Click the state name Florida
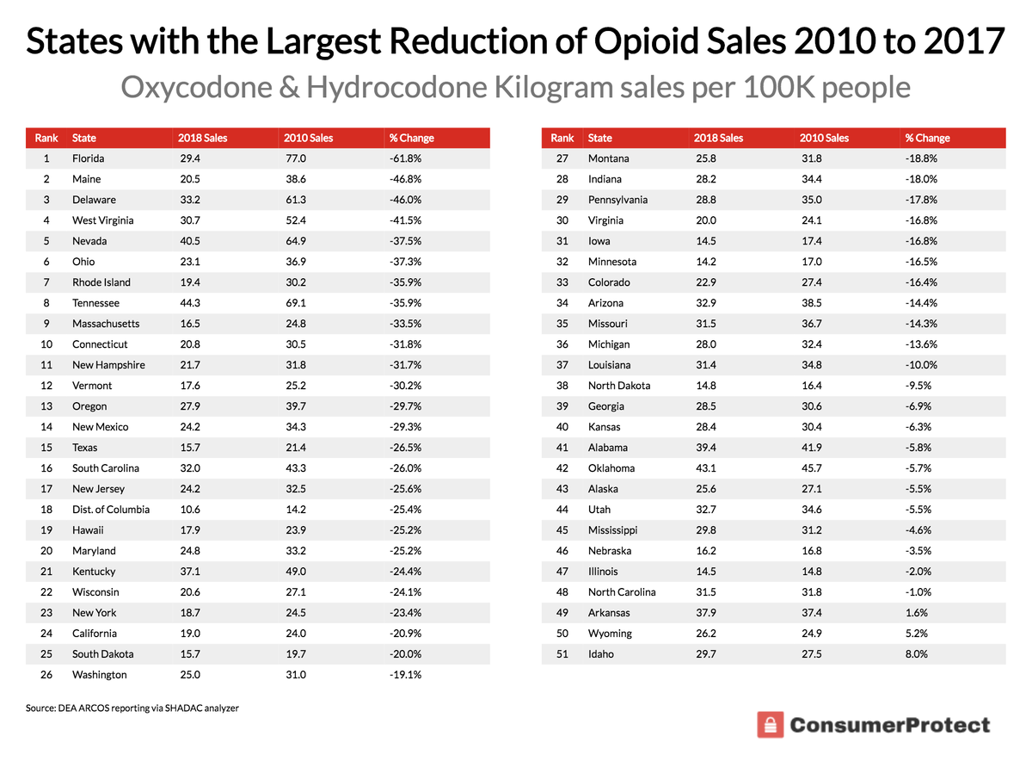88,158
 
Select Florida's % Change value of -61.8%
405,158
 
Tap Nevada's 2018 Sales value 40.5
188,241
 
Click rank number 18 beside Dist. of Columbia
46,510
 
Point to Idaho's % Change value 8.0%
916,654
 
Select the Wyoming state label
610,634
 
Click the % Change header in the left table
411,138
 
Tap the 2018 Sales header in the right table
718,138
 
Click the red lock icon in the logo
771,725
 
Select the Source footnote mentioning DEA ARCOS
132,708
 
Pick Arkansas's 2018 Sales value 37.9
704,613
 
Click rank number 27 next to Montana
562,158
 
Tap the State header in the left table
84,138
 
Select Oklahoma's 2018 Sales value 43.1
704,468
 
